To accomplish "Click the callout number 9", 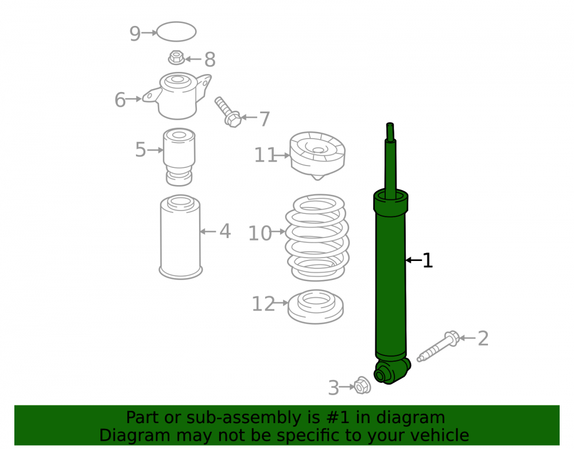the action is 135,34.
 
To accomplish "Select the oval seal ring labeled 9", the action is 176,23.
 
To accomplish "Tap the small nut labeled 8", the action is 176,57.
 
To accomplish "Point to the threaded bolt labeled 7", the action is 227,112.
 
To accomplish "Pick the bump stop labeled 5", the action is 179,157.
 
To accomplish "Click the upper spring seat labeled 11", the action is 317,155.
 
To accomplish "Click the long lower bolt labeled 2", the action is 438,346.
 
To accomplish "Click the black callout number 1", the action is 428,260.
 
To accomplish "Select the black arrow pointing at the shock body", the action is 414,260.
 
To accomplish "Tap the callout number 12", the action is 263,304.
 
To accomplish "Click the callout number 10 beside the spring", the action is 260,233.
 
